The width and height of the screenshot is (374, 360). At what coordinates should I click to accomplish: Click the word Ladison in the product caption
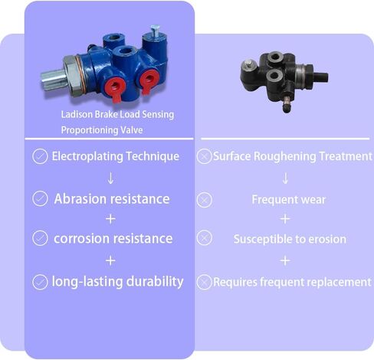coord(77,114)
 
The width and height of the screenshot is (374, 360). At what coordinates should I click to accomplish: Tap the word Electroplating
coord(87,156)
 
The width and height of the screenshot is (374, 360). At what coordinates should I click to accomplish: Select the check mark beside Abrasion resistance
coord(40,198)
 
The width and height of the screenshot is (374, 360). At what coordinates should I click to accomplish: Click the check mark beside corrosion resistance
coord(40,238)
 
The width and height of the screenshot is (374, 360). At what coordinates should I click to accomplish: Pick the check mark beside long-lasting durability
coord(40,282)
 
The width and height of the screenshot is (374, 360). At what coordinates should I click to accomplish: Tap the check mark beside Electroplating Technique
coord(40,156)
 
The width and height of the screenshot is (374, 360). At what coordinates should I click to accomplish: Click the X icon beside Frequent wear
coord(205,200)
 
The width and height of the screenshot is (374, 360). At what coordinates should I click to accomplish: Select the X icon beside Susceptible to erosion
coord(205,238)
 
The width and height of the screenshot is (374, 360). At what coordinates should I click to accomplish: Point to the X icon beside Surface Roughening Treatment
coord(205,156)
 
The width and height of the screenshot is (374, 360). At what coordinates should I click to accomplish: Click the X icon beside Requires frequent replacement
coord(205,282)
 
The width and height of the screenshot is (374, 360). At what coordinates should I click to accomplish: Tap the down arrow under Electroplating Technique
coord(110,178)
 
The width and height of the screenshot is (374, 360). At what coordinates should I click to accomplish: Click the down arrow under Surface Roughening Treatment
coord(285,178)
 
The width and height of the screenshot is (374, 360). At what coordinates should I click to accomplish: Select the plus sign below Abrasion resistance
coord(110,219)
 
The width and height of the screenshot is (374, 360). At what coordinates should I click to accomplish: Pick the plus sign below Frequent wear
coord(285,219)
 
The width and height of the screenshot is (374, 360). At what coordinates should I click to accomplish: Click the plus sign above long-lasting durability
coord(110,260)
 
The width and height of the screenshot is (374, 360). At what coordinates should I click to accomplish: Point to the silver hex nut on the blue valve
coord(72,76)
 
